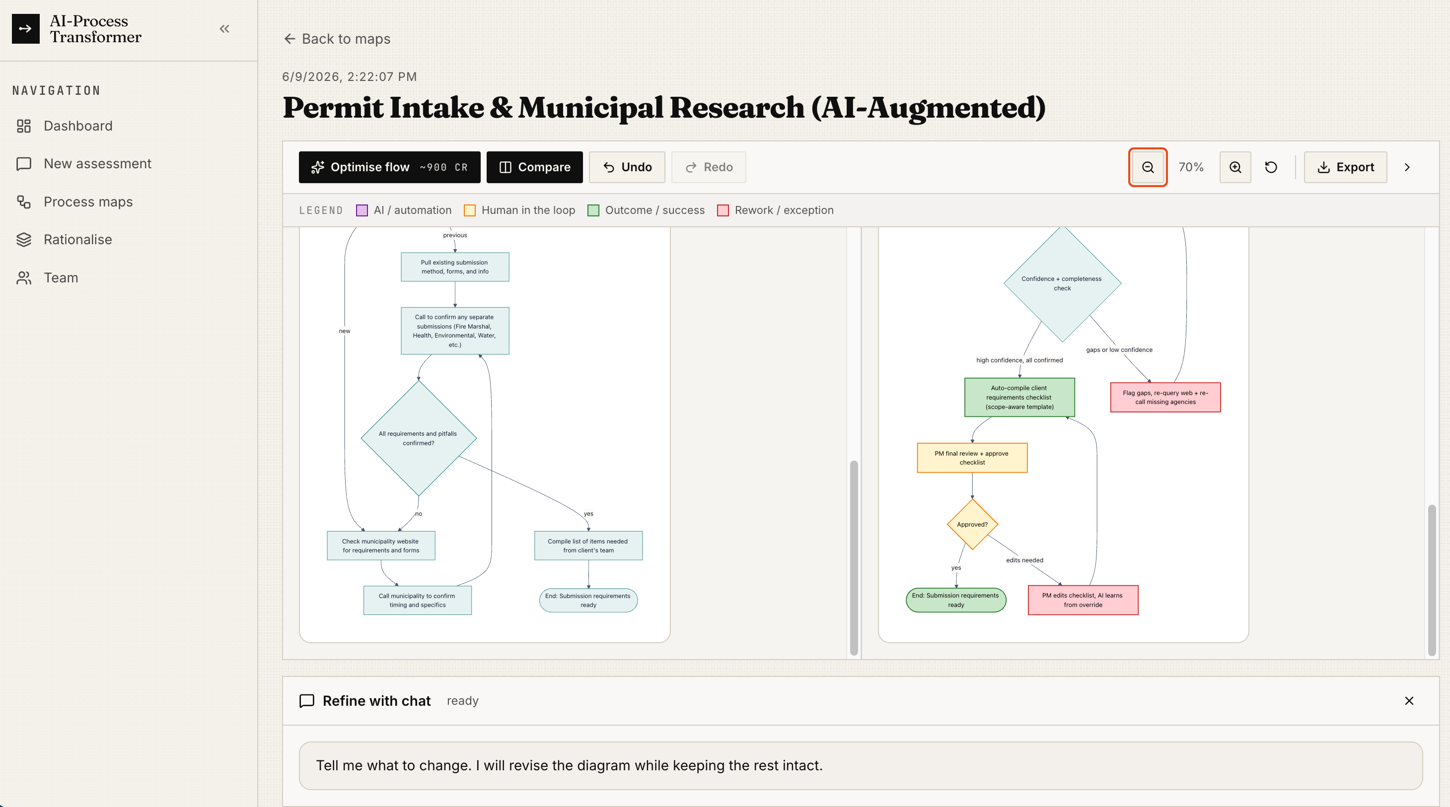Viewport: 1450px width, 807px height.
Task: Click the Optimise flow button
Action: coord(389,167)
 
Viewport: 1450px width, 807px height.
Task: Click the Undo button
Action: coord(627,167)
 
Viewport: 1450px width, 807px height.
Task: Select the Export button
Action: coord(1345,167)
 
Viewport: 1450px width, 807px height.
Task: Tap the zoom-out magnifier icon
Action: coord(1148,167)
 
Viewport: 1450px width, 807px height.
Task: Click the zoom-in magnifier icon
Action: coord(1235,167)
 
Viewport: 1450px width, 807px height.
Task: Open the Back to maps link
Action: coord(337,39)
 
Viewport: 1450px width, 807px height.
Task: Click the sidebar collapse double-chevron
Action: coord(224,29)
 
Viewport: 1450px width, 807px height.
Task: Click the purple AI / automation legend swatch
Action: coord(362,210)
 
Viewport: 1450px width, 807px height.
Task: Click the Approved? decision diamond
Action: coord(972,525)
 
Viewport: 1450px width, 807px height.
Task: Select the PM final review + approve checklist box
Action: coord(972,458)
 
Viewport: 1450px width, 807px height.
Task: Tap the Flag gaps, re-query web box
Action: coord(1165,398)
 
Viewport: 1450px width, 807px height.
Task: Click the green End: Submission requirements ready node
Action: coord(956,601)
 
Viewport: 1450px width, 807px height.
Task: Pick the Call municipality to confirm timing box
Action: coord(418,601)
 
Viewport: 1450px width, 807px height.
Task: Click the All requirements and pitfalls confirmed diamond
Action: coord(418,438)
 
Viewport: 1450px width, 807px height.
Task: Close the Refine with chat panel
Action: coord(1409,701)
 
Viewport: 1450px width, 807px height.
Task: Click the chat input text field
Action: coord(861,766)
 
